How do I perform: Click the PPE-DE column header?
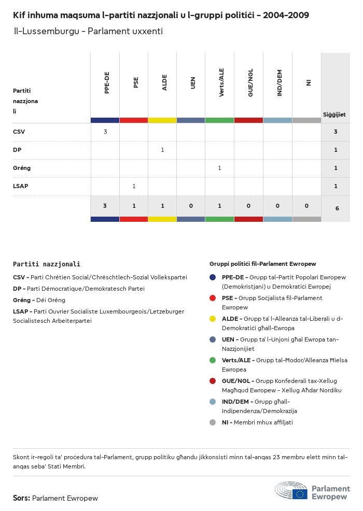pyautogui.click(x=107, y=83)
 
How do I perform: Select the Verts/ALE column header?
pyautogui.click(x=221, y=83)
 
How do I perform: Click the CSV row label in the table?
pyautogui.click(x=19, y=132)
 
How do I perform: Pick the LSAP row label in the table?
pyautogui.click(x=21, y=186)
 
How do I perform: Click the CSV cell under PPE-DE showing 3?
pyautogui.click(x=105, y=132)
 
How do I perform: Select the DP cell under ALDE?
pyautogui.click(x=162, y=150)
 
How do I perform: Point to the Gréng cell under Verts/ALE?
pyautogui.click(x=219, y=168)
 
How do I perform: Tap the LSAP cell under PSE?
pyautogui.click(x=134, y=186)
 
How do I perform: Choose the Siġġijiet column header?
pyautogui.click(x=334, y=115)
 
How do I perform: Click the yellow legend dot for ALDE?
pyautogui.click(x=213, y=319)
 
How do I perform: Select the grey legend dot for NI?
pyautogui.click(x=213, y=422)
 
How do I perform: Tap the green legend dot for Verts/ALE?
pyautogui.click(x=213, y=360)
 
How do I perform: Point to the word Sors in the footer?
pyautogui.click(x=21, y=498)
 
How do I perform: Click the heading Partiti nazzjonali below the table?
pyautogui.click(x=47, y=264)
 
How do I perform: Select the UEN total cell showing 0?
pyautogui.click(x=191, y=206)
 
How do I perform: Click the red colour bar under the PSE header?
pyautogui.click(x=134, y=120)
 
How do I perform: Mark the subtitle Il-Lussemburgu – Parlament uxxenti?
pyautogui.click(x=88, y=31)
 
